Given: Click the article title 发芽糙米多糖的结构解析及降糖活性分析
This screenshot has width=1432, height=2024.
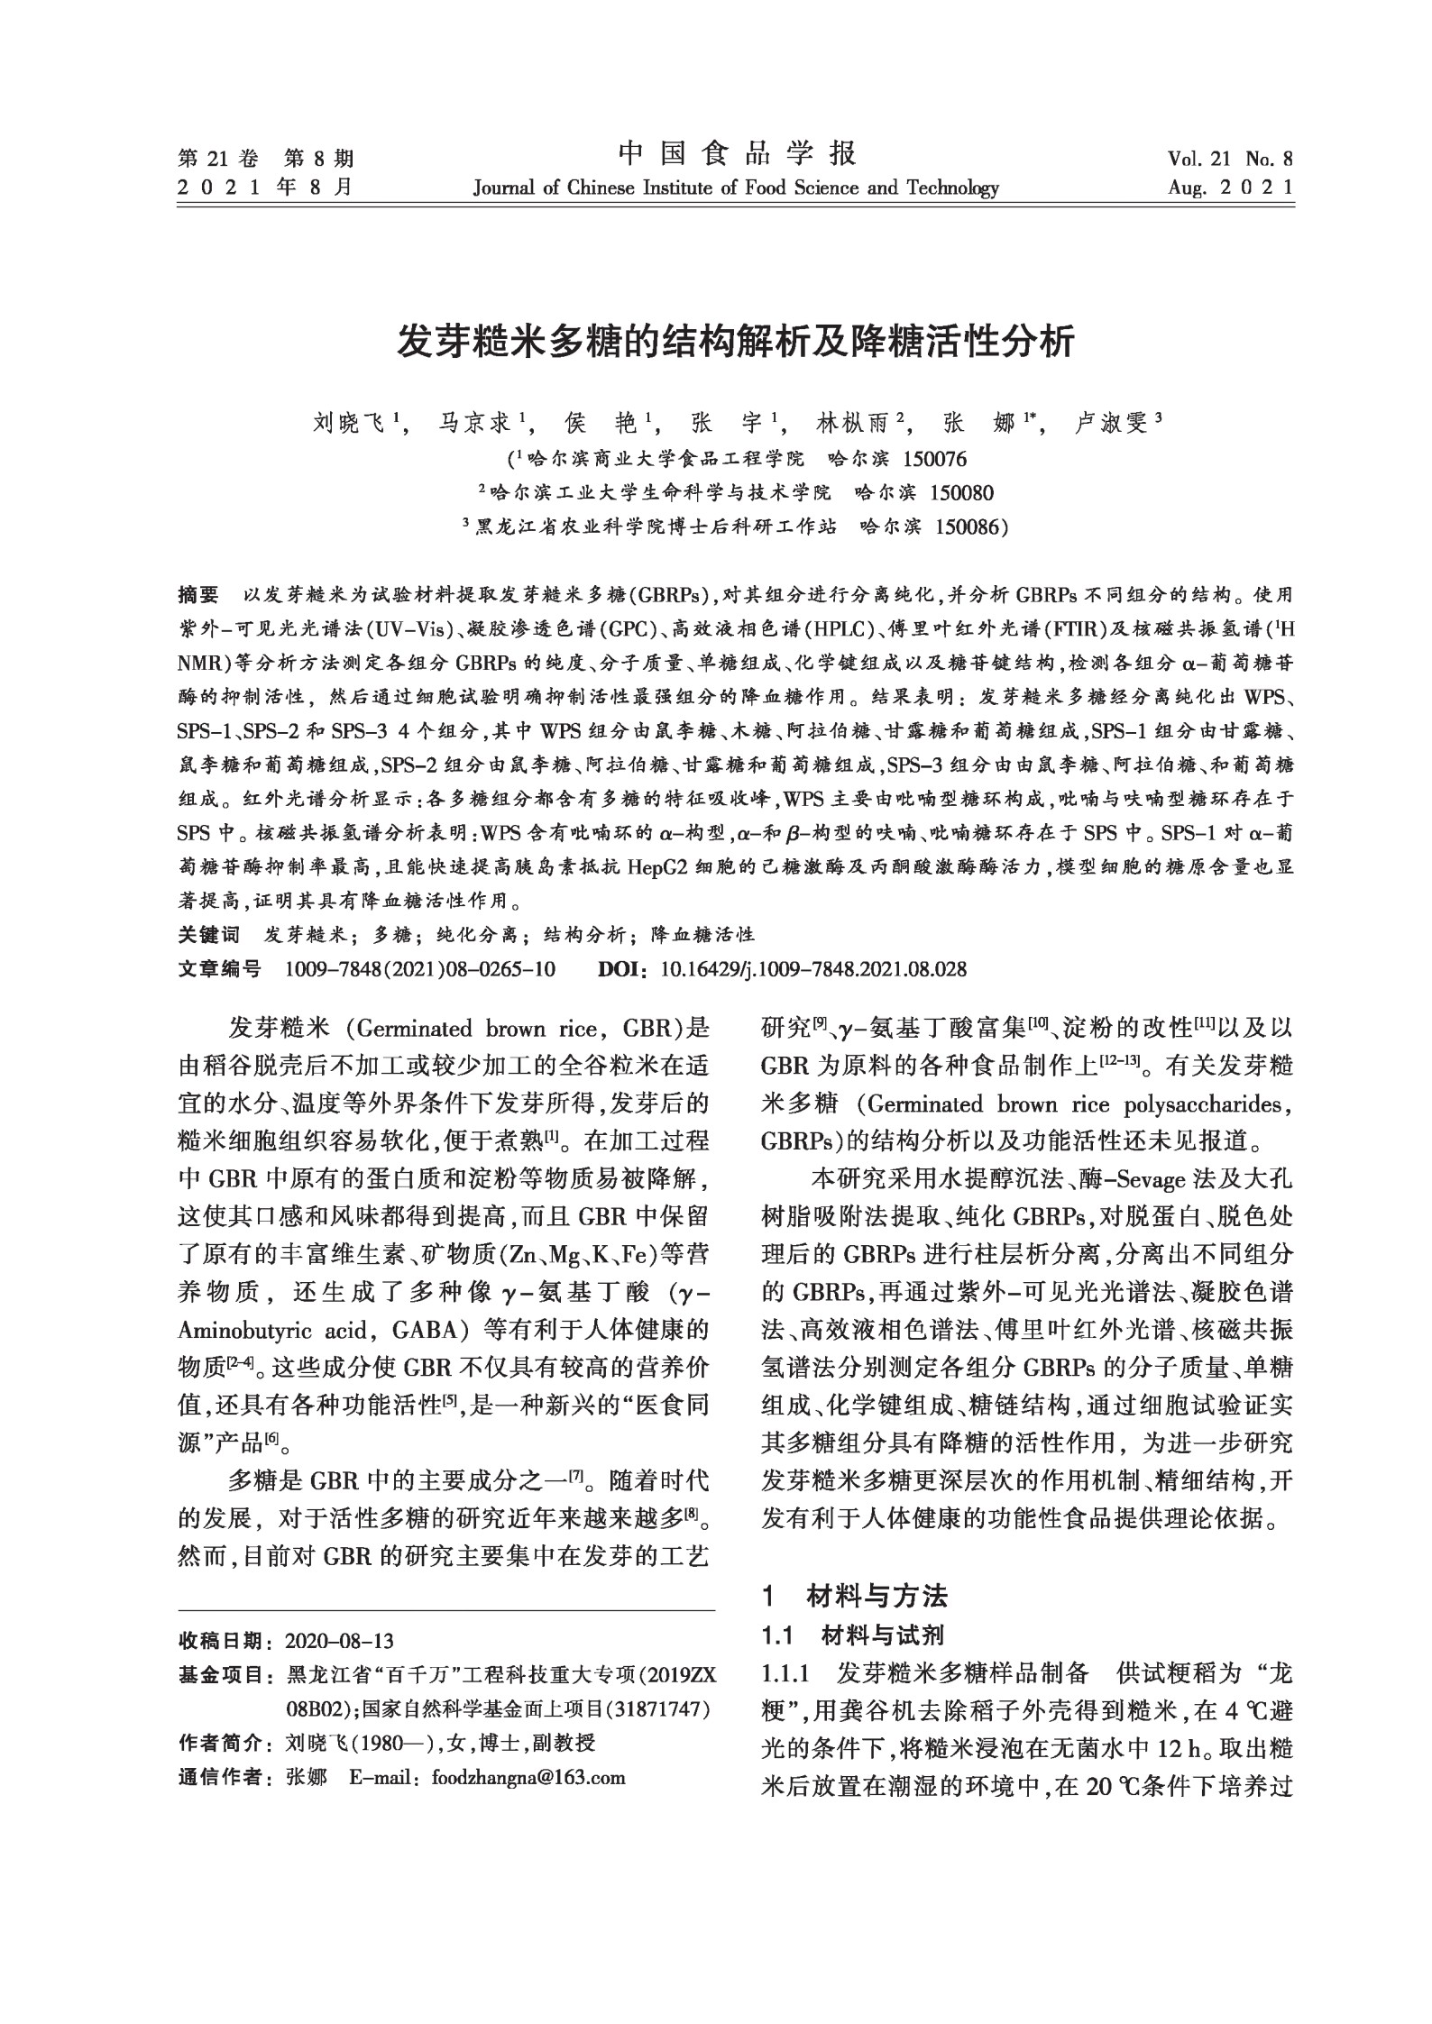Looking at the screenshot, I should pyautogui.click(x=736, y=343).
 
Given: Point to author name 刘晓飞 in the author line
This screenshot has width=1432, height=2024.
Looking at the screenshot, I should pyautogui.click(x=347, y=422).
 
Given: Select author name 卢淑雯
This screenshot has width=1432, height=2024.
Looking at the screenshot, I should pyautogui.click(x=1110, y=422).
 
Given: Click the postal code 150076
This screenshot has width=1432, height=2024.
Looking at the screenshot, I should pyautogui.click(x=934, y=459).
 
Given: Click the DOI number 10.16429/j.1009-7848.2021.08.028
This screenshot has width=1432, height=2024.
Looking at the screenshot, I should pyautogui.click(x=813, y=969).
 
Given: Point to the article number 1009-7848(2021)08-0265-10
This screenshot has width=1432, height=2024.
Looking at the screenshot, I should pyautogui.click(x=419, y=969).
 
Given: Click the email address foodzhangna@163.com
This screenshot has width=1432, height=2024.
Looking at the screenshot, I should pyautogui.click(x=528, y=1777).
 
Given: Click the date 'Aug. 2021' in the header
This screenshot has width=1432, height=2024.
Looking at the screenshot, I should pyautogui.click(x=1230, y=188).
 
